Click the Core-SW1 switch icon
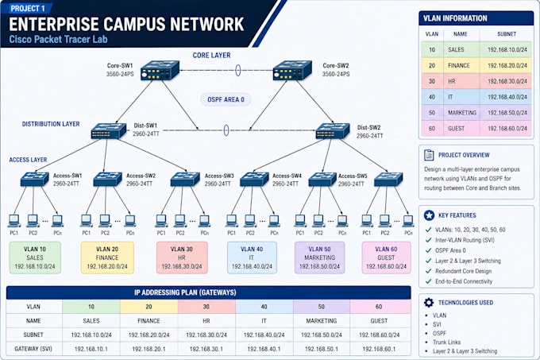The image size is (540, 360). coord(160,71)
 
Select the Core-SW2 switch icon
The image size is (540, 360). coord(292,71)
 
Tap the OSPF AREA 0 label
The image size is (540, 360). coord(226,99)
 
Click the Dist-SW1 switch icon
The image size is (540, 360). coord(109,131)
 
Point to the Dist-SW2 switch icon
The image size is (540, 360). coord(333,131)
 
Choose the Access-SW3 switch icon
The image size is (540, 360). coord(185,179)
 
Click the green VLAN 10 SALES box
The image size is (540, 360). coord(35,257)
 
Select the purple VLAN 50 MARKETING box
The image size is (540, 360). coord(319,257)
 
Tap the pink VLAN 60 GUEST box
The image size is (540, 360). coord(386,257)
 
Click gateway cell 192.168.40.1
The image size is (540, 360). coord(264,349)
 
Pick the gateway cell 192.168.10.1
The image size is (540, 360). coord(91,349)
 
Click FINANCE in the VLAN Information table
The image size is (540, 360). coord(459,65)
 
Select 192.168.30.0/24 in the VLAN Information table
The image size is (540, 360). coord(507,81)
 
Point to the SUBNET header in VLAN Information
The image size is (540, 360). coord(507,34)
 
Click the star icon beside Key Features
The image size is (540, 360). coord(429,215)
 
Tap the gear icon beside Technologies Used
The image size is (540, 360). coord(429,303)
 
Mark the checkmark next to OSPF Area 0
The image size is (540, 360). coord(428,250)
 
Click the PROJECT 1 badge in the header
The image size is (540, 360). coord(28,8)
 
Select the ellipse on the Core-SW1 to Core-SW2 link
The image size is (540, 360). coord(238,70)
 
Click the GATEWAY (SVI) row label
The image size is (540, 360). coord(33,349)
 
